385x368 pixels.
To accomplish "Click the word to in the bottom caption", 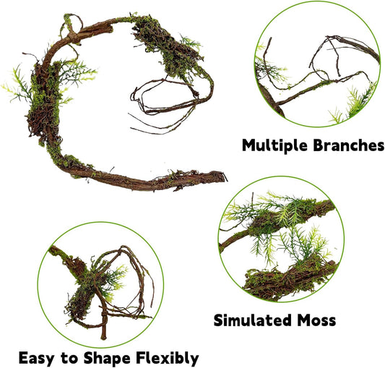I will (70, 358).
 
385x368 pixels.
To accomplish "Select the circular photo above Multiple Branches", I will (318, 61).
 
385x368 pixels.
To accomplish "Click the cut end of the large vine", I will (221, 176).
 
